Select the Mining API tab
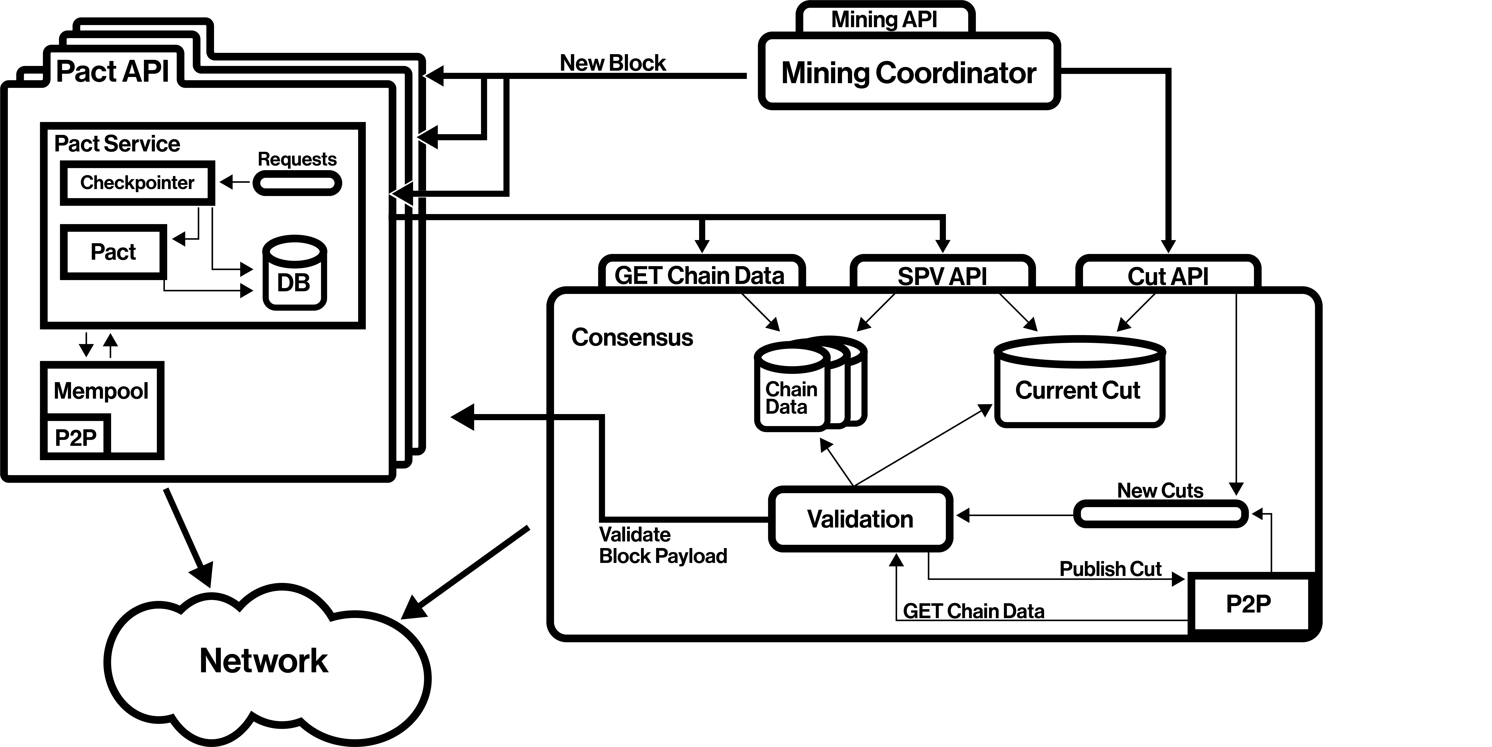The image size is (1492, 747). (884, 20)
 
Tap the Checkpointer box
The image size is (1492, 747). (137, 183)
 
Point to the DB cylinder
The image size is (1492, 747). (294, 273)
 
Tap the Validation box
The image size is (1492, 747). (860, 519)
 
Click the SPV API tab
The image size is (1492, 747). (942, 275)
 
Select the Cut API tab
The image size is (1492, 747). (1168, 275)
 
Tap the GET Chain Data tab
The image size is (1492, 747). (700, 275)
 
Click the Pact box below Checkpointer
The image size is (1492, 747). (113, 252)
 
